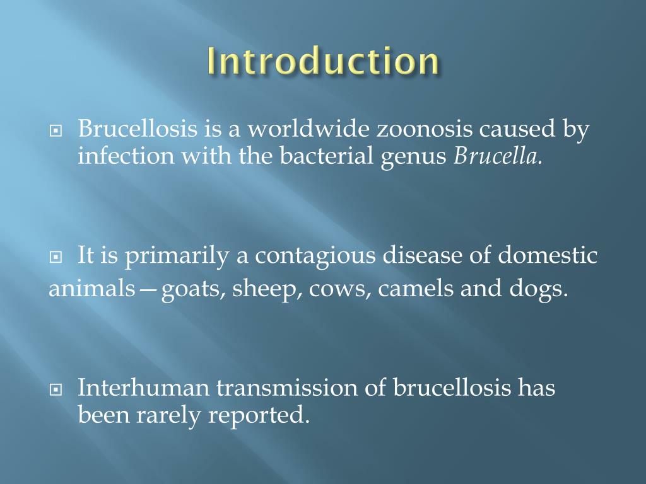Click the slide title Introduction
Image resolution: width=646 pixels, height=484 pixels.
[322, 62]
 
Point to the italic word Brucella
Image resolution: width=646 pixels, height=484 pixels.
[498, 156]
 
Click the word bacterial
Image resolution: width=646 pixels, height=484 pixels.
[327, 156]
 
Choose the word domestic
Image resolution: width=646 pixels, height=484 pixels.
[547, 256]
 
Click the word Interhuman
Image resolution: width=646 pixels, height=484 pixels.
[143, 388]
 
